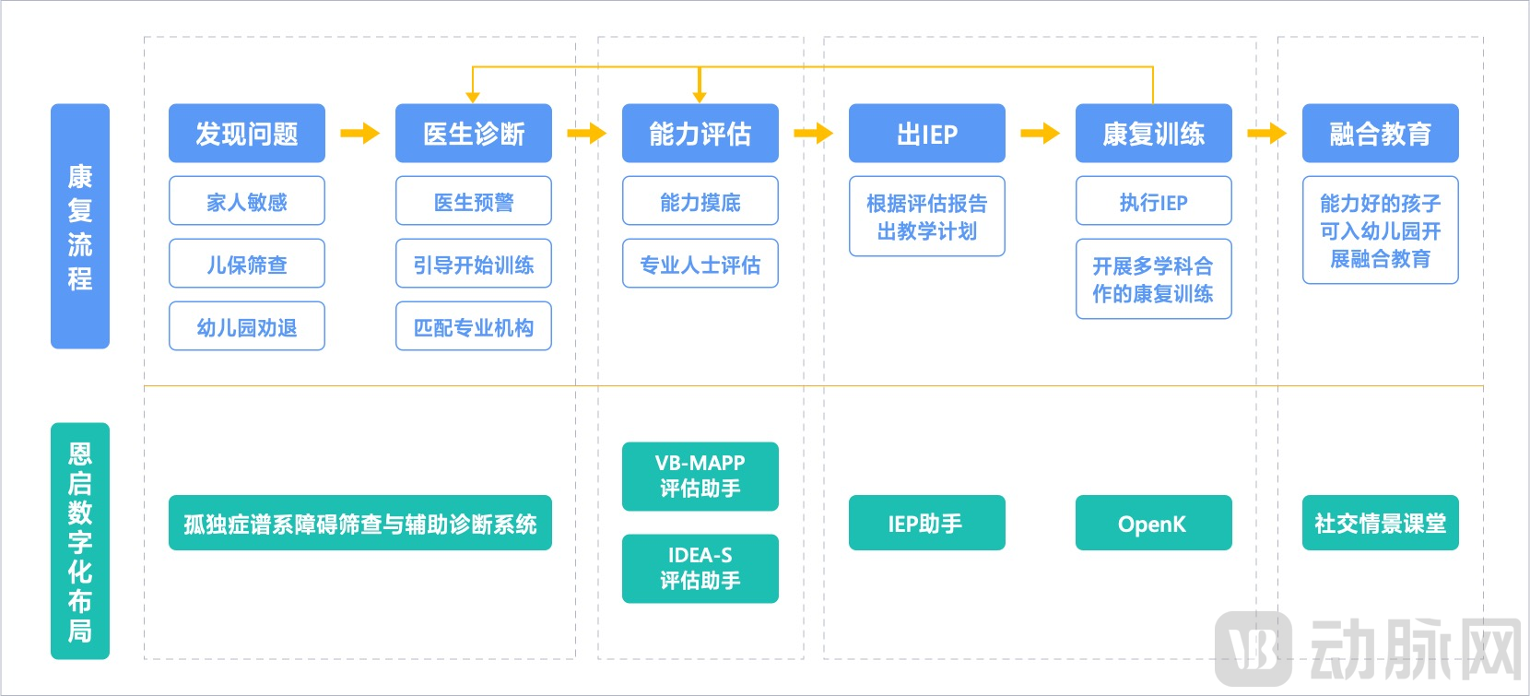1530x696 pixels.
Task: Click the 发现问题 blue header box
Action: point(246,134)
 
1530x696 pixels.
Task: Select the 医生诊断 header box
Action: point(473,134)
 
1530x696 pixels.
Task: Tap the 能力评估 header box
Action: point(700,134)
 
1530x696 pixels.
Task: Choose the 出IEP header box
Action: point(926,134)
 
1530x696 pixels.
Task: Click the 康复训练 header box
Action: point(1153,134)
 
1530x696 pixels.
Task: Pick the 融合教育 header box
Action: point(1380,134)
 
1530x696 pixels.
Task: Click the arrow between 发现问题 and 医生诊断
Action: point(359,134)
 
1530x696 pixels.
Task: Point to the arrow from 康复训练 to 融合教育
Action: point(1266,134)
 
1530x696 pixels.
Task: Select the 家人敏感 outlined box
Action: point(246,201)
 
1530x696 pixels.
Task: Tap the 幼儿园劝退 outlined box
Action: point(246,326)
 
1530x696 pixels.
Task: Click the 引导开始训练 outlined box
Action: point(473,264)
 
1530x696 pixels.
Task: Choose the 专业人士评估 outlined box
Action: point(700,264)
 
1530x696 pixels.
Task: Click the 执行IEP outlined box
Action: point(1153,201)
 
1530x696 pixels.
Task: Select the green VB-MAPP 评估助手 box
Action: point(700,477)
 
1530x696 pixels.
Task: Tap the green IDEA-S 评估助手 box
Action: point(700,569)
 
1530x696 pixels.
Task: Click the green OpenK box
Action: point(1153,523)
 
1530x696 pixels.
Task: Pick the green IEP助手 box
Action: point(926,523)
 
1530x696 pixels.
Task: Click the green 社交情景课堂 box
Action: point(1380,523)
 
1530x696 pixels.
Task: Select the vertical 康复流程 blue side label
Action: point(79,226)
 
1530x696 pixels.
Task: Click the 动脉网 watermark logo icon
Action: point(1253,649)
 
